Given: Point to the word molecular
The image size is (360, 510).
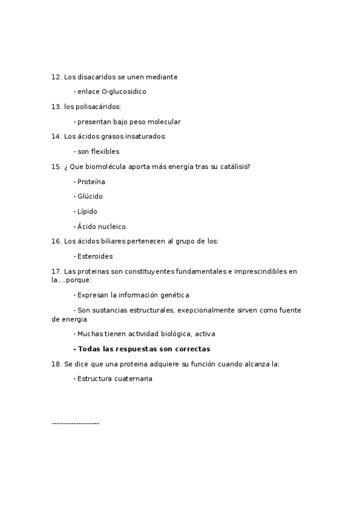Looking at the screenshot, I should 162,122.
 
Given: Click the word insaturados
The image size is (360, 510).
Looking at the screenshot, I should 145,137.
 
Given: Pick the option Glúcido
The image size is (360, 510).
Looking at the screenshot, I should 90,197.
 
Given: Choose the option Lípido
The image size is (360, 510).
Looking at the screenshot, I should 87,212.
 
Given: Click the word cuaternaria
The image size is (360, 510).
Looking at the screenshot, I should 133,379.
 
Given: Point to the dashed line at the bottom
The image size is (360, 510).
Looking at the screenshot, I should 76,424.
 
